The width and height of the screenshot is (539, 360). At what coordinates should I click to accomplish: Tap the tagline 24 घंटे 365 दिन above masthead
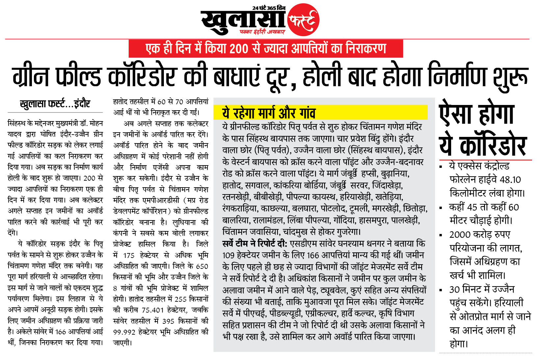pyautogui.click(x=269, y=8)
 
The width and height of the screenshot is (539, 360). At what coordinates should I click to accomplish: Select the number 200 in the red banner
pyautogui.click(x=239, y=49)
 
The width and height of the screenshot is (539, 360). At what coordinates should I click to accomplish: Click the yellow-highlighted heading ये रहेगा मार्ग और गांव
pyautogui.click(x=269, y=113)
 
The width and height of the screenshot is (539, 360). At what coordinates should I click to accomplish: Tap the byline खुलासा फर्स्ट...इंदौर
pyautogui.click(x=55, y=104)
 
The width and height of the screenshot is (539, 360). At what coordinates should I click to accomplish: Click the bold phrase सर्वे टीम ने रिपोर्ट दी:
pyautogui.click(x=255, y=244)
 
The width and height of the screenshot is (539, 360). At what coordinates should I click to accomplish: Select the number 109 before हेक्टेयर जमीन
pyautogui.click(x=228, y=255)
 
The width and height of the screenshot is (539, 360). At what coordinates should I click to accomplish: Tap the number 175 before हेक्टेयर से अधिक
pyautogui.click(x=129, y=255)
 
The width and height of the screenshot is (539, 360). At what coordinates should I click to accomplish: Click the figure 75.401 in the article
pyautogui.click(x=152, y=310)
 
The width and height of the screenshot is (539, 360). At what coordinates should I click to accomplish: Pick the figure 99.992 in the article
pyautogui.click(x=124, y=332)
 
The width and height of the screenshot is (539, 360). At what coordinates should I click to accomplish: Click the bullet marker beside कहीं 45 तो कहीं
pyautogui.click(x=441, y=208)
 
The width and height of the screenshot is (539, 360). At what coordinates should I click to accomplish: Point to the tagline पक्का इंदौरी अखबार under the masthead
pyautogui.click(x=262, y=32)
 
